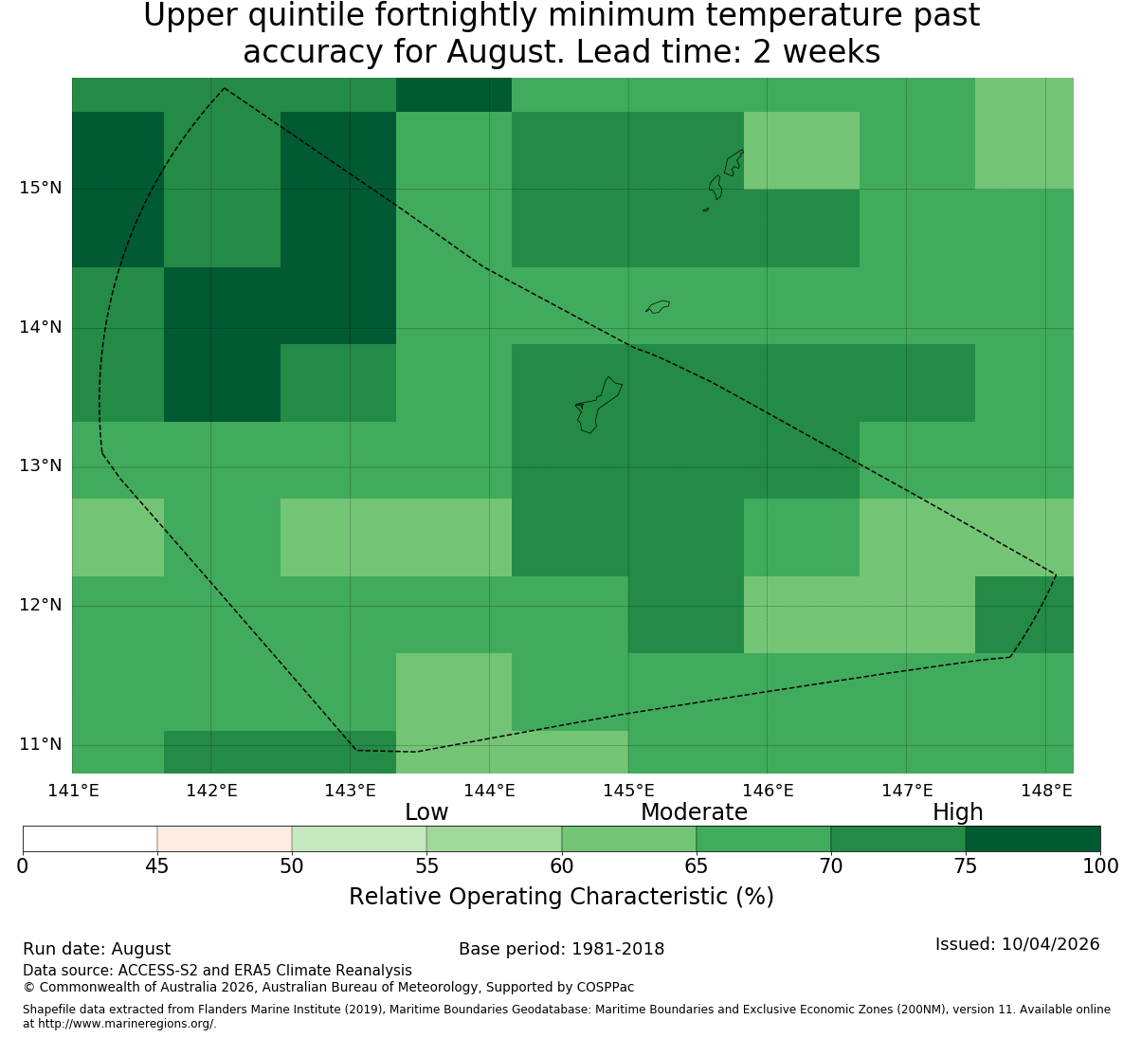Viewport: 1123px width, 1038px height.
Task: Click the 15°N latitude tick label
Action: pyautogui.click(x=40, y=189)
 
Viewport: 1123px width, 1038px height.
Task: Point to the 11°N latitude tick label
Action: pyautogui.click(x=40, y=744)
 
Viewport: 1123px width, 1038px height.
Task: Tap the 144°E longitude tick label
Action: pyautogui.click(x=490, y=791)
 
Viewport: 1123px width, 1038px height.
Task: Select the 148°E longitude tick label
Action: pyautogui.click(x=1047, y=791)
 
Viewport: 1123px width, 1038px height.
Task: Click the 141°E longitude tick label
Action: pyautogui.click(x=73, y=791)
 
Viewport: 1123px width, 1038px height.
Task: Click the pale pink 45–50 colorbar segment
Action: pyautogui.click(x=225, y=839)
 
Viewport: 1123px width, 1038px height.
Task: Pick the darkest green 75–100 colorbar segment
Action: pyautogui.click(x=1033, y=839)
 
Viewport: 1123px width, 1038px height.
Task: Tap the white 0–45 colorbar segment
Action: pyautogui.click(x=90, y=839)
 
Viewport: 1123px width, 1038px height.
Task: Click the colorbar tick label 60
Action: pyautogui.click(x=561, y=866)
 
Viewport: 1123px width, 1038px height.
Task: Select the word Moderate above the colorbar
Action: pyautogui.click(x=694, y=812)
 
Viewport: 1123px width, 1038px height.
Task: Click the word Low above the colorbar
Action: pyautogui.click(x=426, y=812)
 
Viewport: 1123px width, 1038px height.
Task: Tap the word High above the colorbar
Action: pyautogui.click(x=957, y=812)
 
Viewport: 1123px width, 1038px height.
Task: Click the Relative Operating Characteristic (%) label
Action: pyautogui.click(x=561, y=897)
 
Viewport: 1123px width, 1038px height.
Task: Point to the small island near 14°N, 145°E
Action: pyautogui.click(x=658, y=306)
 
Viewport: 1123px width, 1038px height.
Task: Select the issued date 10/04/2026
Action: pyautogui.click(x=1051, y=944)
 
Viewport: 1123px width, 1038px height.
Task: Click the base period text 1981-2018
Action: pyautogui.click(x=618, y=949)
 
